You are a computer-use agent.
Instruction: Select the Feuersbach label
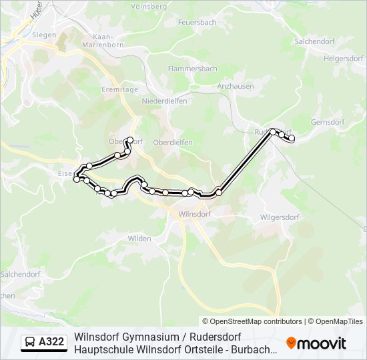[197, 22]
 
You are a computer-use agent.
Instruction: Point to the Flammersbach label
[193, 69]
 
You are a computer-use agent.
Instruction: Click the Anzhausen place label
[235, 86]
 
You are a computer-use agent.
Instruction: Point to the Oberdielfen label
[173, 142]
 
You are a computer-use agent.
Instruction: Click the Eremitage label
[119, 89]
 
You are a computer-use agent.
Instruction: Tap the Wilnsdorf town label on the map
[195, 215]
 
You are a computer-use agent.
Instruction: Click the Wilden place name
[139, 238]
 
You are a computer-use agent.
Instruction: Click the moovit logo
[316, 343]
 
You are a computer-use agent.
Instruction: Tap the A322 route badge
[44, 342]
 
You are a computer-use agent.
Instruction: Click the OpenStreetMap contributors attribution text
[252, 321]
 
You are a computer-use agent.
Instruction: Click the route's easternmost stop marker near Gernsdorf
[292, 138]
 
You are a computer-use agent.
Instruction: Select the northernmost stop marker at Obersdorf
[131, 140]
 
